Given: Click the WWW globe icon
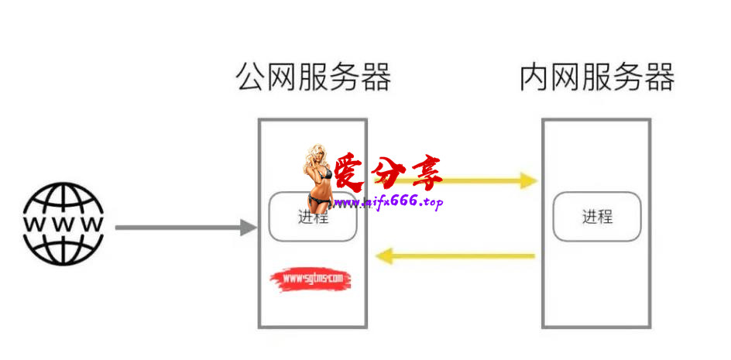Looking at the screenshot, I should [63, 224].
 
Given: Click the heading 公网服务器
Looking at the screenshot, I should [313, 78].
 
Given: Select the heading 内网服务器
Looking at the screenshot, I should [597, 78].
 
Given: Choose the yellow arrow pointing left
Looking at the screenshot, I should [457, 255].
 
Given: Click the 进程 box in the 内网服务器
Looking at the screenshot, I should [597, 217].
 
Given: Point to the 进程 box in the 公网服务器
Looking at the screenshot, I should [313, 219].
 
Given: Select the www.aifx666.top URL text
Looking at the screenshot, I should [389, 202].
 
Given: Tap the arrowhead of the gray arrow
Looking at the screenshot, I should [249, 228].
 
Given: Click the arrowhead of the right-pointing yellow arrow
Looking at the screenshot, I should [529, 182].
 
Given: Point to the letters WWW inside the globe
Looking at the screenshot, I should [63, 224].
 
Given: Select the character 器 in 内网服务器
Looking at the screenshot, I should [660, 78].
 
